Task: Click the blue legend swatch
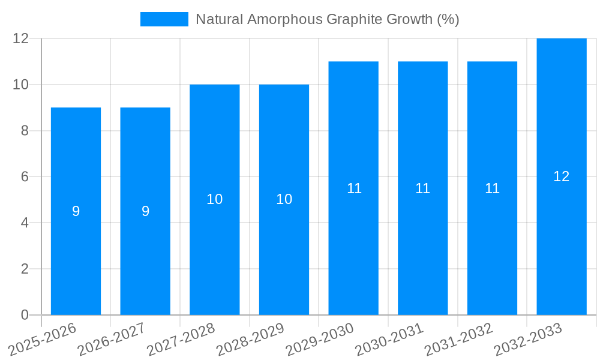click(x=164, y=19)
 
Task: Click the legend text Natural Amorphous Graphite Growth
click(x=327, y=19)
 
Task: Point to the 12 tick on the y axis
click(x=21, y=38)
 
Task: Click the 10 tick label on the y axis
click(x=21, y=85)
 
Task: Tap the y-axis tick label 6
click(x=25, y=177)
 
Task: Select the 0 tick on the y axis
click(x=25, y=315)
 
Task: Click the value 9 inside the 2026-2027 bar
click(x=145, y=211)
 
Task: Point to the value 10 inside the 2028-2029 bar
click(x=284, y=200)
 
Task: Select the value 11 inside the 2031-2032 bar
click(x=493, y=188)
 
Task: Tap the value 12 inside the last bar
click(x=562, y=176)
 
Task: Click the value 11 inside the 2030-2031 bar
click(x=423, y=188)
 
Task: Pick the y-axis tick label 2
click(x=25, y=269)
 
